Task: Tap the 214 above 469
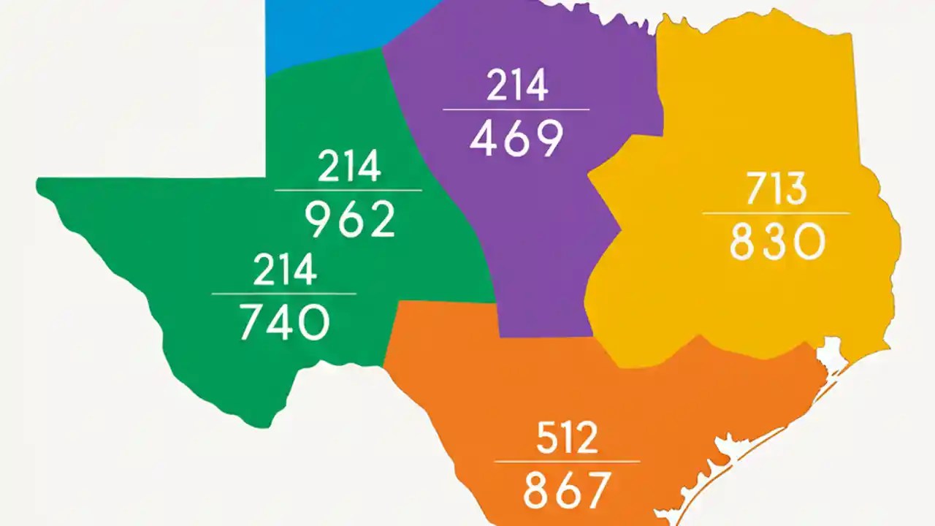516,87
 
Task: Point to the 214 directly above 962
348,167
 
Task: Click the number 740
285,322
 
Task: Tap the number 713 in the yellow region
776,189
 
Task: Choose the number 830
777,242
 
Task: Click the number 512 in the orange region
567,438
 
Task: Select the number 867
567,489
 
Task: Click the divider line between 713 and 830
776,213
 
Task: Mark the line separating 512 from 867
567,461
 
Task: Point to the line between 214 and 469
516,110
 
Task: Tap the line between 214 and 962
348,190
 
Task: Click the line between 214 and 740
284,294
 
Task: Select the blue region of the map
329,29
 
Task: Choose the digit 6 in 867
567,489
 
